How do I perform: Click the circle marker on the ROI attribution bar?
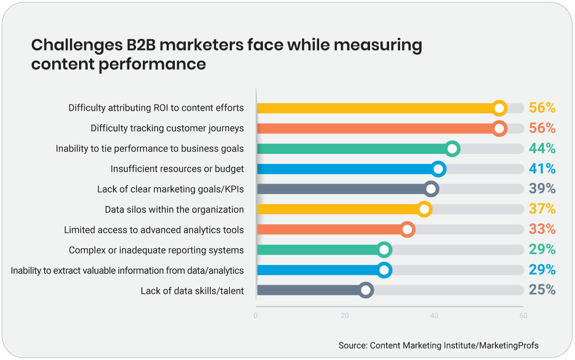click(499, 108)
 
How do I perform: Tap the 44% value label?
click(542, 149)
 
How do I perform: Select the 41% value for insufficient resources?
click(542, 169)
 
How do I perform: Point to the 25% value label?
click(542, 290)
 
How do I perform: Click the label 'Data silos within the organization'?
click(174, 209)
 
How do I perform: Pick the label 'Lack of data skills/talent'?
click(192, 291)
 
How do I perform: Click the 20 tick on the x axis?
click(345, 316)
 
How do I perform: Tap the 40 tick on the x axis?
click(434, 316)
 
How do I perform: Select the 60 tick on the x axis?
click(523, 316)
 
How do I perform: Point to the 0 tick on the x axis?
click(255, 316)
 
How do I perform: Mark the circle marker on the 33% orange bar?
click(407, 230)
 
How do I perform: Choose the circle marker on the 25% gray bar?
click(366, 290)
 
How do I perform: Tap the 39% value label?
click(542, 189)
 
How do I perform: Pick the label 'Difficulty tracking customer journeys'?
click(167, 128)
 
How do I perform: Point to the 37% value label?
click(542, 209)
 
